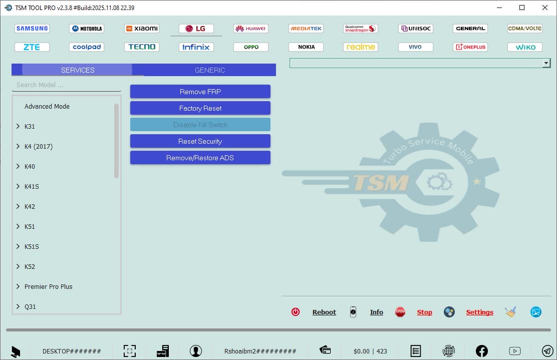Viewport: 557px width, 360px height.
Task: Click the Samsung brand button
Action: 32,29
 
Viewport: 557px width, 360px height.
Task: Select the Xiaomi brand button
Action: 142,29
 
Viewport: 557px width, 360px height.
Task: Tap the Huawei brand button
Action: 251,29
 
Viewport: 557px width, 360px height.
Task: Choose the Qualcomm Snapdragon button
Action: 361,29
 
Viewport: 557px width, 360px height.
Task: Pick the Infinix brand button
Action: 196,47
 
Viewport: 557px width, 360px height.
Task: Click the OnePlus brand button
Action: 470,47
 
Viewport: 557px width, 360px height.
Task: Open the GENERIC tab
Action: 210,70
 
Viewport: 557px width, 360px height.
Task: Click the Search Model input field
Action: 67,85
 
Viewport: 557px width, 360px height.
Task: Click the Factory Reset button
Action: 200,108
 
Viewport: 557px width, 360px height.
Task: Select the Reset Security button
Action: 200,141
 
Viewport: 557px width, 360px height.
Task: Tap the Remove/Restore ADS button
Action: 200,158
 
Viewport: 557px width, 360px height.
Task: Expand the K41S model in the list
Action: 19,187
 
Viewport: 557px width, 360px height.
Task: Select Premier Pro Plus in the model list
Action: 49,287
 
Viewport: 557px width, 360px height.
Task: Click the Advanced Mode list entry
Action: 47,107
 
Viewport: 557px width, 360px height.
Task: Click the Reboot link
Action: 324,312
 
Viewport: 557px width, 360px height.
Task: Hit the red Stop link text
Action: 424,312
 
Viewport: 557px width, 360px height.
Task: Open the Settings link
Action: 479,312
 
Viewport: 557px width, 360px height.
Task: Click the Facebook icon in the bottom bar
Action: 481,351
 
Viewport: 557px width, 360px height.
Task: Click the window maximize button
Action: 522,8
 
